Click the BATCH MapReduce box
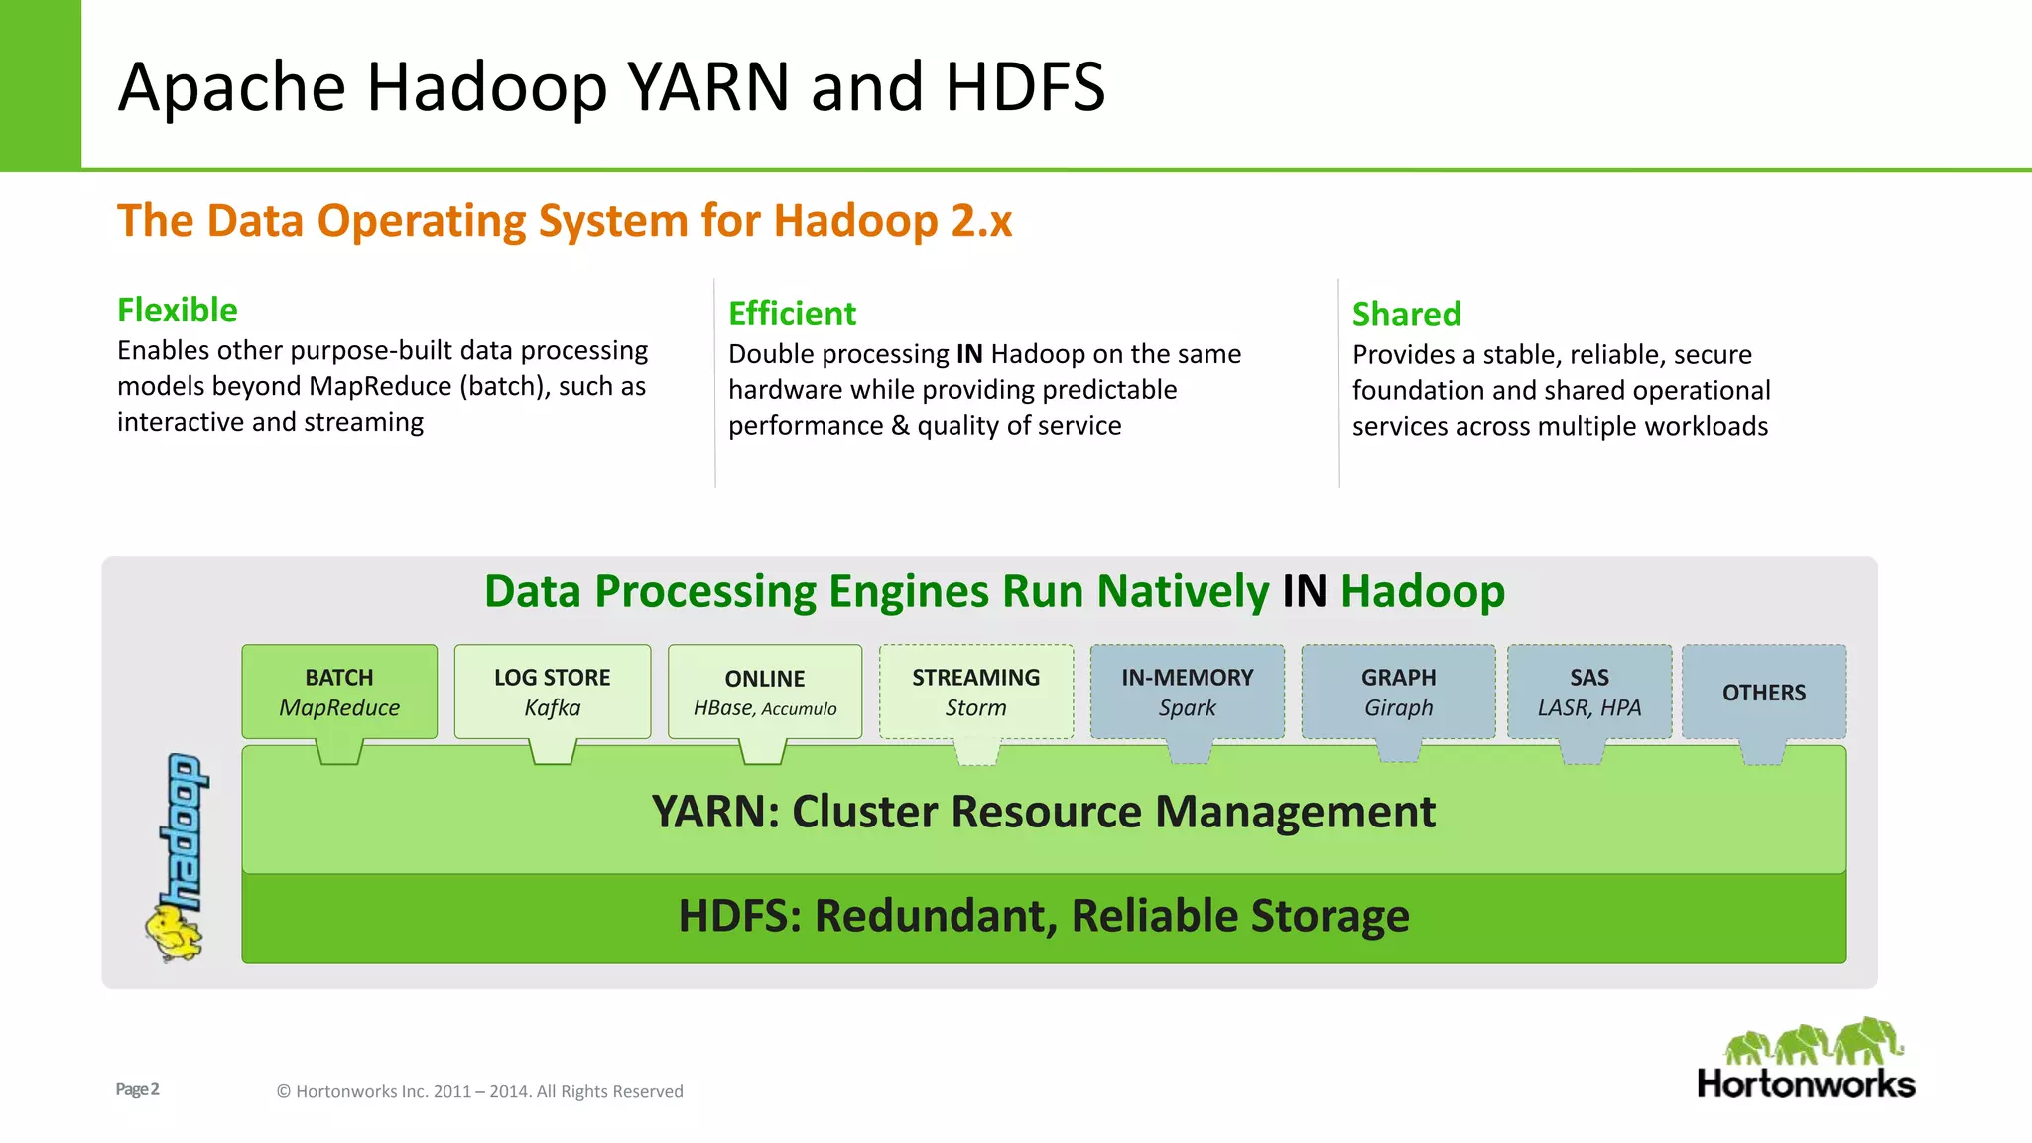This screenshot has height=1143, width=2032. click(x=339, y=692)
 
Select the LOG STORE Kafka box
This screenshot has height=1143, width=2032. click(x=553, y=692)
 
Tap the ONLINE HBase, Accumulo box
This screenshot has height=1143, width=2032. click(x=765, y=692)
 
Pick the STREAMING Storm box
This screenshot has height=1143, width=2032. click(x=976, y=692)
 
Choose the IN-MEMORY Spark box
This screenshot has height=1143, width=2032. click(x=1188, y=692)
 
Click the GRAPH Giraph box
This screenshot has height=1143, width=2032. click(x=1399, y=692)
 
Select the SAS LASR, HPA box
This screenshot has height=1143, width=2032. click(x=1589, y=692)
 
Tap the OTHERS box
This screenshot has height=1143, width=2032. click(x=1764, y=693)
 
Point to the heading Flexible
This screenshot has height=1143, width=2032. click(x=178, y=310)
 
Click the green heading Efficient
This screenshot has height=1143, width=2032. click(x=792, y=314)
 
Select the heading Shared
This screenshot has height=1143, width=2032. click(x=1407, y=314)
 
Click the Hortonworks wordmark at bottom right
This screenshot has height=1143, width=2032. click(x=1806, y=1083)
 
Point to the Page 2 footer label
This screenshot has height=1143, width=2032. click(x=137, y=1089)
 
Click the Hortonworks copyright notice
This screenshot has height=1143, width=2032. click(x=479, y=1091)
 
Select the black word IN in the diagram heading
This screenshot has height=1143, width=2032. click(x=1304, y=591)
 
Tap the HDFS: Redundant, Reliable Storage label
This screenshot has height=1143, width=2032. click(x=1044, y=915)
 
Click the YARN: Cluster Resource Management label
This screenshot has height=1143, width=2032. click(x=1044, y=812)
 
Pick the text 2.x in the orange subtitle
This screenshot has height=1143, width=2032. click(x=981, y=220)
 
